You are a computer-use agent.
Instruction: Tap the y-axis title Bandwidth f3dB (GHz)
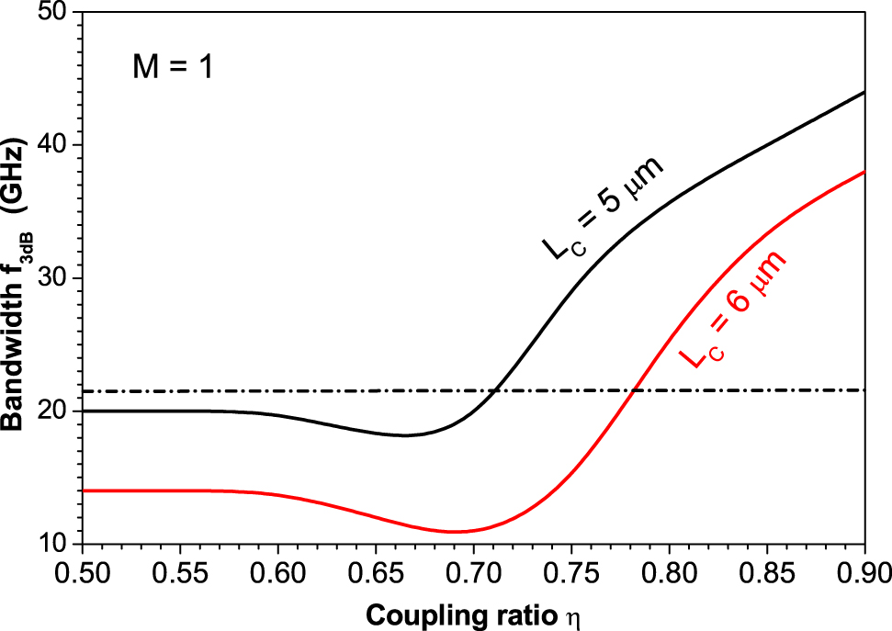pos(18,280)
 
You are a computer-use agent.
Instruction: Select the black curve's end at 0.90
pos(864,93)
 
